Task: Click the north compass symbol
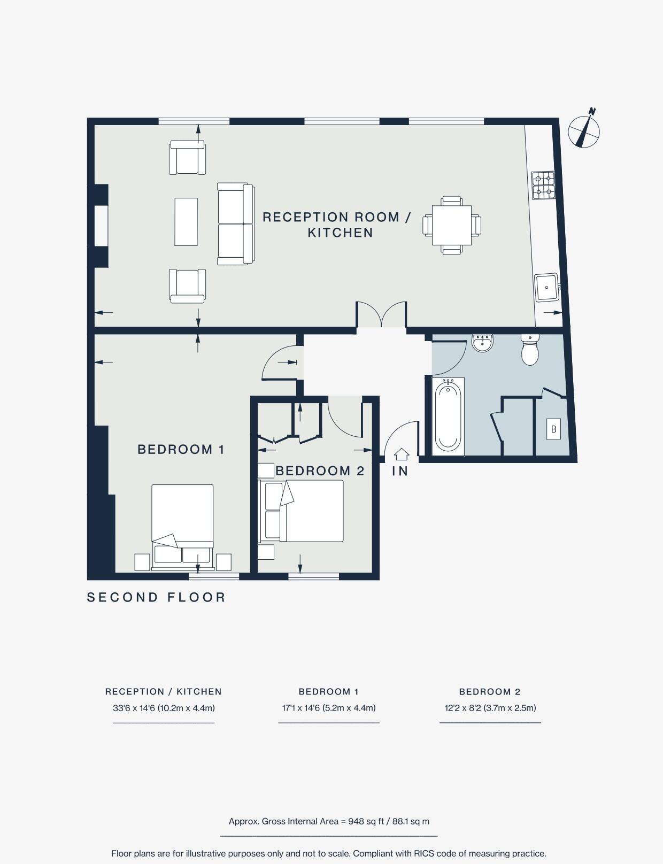(584, 130)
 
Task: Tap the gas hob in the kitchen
(543, 185)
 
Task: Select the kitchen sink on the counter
(546, 287)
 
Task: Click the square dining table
(452, 225)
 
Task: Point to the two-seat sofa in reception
(235, 224)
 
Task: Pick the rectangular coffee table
(186, 222)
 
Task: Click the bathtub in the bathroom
(448, 416)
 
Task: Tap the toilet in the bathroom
(530, 350)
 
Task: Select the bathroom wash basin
(483, 342)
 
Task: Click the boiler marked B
(553, 429)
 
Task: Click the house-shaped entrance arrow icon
(402, 454)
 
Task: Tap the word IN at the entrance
(400, 471)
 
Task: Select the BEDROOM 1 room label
(181, 450)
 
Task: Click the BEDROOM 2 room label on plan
(320, 471)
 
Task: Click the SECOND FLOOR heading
(156, 597)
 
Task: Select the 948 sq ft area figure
(366, 821)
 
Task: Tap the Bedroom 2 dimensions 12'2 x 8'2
(490, 708)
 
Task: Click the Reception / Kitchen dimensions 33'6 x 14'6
(164, 708)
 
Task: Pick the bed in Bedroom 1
(182, 524)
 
